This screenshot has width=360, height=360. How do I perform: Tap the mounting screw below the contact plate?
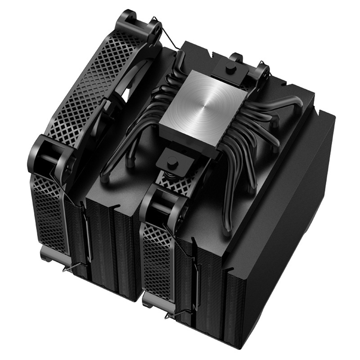pyautogui.click(x=172, y=160)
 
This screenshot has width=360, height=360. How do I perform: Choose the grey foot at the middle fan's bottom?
pyautogui.click(x=155, y=297)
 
